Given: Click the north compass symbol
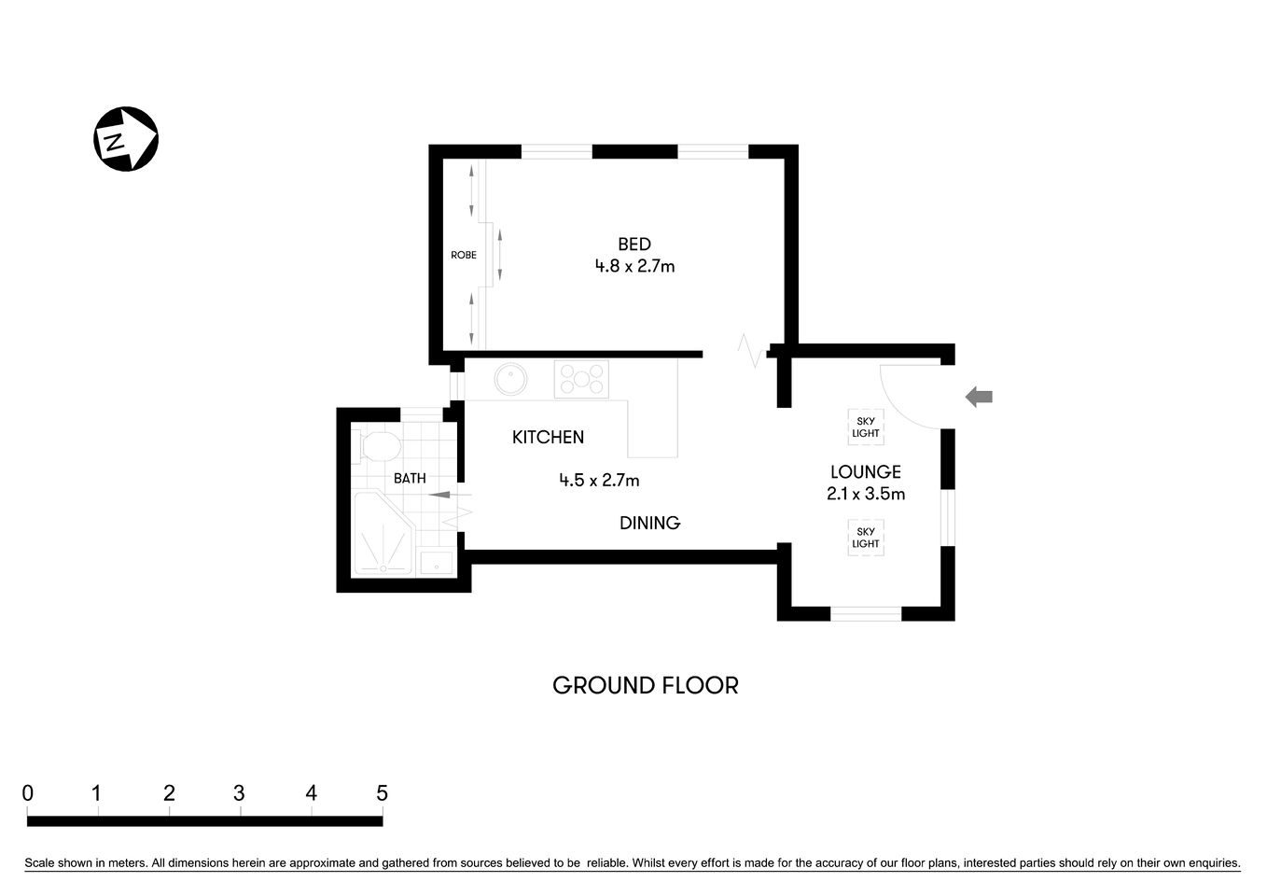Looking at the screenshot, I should (126, 139).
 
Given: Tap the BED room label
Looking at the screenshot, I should (634, 245).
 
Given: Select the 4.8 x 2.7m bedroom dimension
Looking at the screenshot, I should (634, 266).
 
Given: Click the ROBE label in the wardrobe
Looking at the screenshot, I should (464, 255).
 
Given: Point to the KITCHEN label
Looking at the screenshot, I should (548, 437).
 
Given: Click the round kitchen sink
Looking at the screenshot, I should (511, 379).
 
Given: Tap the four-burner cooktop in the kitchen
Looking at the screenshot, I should (581, 379).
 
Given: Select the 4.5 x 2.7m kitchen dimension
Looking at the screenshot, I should (599, 481).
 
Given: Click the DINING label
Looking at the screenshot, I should (649, 523).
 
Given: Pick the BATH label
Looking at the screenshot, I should (410, 478).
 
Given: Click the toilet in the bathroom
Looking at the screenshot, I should (378, 445).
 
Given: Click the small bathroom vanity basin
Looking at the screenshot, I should (436, 563).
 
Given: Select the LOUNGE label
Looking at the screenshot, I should (866, 472).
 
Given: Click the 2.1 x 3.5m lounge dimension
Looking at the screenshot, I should (866, 494).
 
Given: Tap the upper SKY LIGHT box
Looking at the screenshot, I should (866, 427).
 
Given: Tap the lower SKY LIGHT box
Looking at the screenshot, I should (866, 538).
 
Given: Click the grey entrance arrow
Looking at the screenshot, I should (979, 397).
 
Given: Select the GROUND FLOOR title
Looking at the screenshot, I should (646, 685).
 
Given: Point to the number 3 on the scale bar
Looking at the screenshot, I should (239, 793).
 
